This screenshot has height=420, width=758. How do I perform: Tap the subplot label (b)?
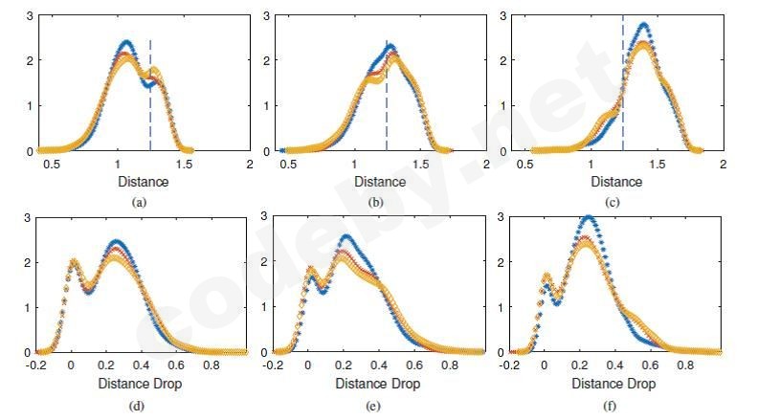[379, 202]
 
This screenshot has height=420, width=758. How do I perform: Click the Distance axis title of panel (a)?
[143, 182]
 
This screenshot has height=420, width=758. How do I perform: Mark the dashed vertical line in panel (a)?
[150, 96]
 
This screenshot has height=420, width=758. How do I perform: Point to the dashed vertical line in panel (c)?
[623, 77]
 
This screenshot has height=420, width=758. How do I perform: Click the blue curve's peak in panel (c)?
[643, 25]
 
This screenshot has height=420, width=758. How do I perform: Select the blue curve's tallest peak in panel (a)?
[125, 42]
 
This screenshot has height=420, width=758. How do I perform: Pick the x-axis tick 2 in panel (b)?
[486, 165]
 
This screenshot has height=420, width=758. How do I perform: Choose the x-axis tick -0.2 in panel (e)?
[274, 365]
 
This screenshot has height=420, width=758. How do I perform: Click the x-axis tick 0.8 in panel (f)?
[686, 365]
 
